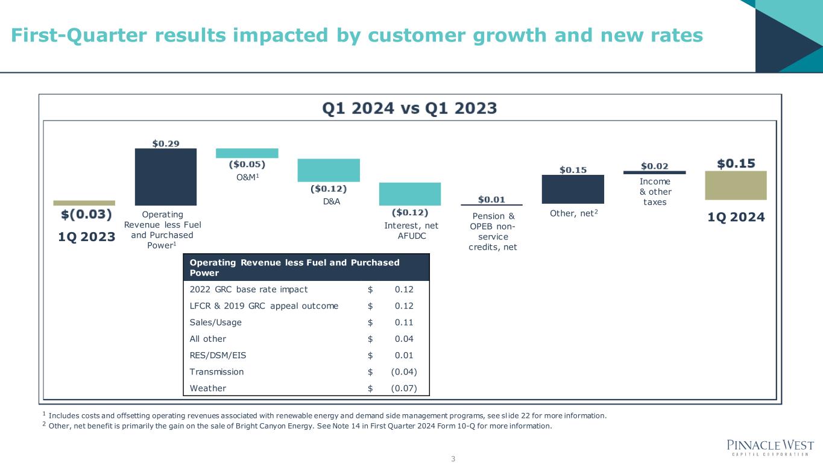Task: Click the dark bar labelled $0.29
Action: [165, 177]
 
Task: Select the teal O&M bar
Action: [247, 153]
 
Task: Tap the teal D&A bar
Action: [329, 170]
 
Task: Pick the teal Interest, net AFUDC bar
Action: [410, 194]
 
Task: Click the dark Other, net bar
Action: [573, 189]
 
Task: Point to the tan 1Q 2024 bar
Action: [736, 185]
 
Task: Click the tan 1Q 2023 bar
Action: [84, 203]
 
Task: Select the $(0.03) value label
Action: [87, 214]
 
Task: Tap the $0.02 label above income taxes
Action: [654, 166]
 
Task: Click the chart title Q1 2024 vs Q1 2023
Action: [409, 109]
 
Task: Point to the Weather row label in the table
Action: [207, 388]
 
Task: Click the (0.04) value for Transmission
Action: [403, 372]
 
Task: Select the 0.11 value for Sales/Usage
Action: [404, 322]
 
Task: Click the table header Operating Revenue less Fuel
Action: [294, 267]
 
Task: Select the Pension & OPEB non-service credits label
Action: [493, 231]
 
